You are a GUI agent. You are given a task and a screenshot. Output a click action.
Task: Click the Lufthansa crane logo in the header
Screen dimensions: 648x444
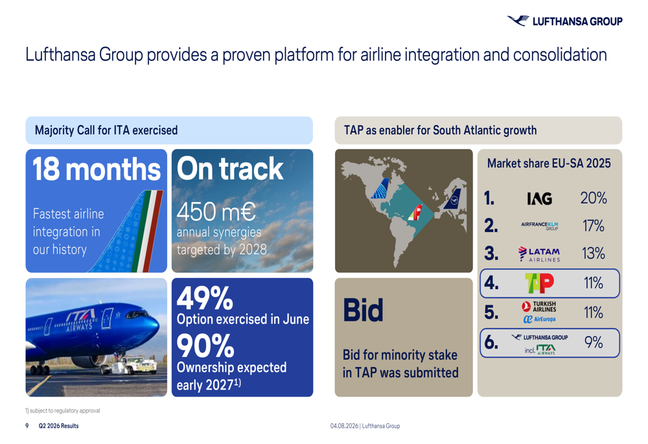point(518,20)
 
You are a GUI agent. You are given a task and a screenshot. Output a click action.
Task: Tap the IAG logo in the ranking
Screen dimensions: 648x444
point(540,198)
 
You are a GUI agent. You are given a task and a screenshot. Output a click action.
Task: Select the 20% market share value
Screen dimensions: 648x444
point(594,198)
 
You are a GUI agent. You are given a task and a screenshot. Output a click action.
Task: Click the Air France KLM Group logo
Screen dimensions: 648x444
point(539,226)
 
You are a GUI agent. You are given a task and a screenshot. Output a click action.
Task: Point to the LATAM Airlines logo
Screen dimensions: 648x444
point(539,254)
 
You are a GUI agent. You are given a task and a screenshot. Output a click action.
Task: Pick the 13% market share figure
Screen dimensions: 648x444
point(594,253)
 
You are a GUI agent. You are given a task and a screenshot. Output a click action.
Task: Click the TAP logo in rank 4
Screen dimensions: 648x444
point(539,283)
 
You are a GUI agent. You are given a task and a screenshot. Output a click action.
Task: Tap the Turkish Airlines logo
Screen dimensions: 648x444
point(539,307)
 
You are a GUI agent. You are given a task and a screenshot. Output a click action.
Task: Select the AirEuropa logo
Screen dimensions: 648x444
point(539,319)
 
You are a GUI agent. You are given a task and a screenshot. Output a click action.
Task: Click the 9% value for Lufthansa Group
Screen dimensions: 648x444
point(594,342)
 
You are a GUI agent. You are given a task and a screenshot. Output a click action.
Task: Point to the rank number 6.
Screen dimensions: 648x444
point(491,342)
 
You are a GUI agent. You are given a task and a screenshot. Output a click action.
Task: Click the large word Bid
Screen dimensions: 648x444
point(363,310)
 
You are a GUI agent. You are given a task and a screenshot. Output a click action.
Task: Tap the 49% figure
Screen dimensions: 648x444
point(205,298)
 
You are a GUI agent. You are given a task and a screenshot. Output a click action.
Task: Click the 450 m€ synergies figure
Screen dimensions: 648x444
point(216,211)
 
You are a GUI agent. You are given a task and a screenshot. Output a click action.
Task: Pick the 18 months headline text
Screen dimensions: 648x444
point(97,169)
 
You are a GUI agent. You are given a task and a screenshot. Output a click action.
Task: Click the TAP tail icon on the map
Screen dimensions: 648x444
point(415,213)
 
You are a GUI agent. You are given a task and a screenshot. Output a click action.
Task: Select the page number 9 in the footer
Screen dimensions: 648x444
point(27,426)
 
